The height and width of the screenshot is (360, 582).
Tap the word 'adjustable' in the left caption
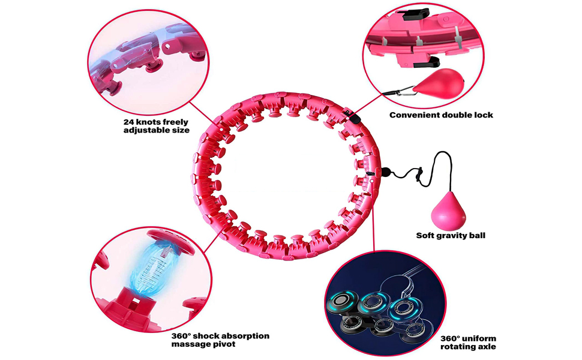pos(146,130)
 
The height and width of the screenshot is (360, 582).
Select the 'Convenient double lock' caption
pos(441,115)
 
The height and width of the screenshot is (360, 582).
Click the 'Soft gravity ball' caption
pos(451,235)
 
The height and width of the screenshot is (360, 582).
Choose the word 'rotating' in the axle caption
pos(460,347)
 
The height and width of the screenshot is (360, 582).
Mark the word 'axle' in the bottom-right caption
pos(487,347)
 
